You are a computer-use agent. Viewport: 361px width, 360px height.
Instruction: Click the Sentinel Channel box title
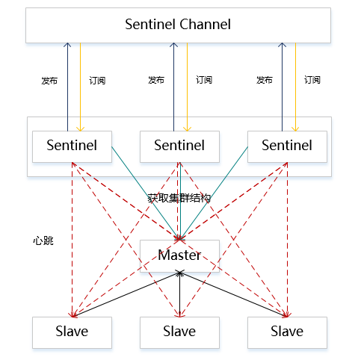pos(178,25)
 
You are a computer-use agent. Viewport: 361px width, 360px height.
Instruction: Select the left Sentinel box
pos(72,146)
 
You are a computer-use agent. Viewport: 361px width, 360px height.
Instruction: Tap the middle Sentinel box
pos(179,146)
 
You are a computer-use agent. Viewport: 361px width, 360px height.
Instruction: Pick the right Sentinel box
pos(287,146)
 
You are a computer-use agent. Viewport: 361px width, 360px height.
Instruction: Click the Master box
pos(179,256)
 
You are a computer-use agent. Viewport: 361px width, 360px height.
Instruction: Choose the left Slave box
pos(72,332)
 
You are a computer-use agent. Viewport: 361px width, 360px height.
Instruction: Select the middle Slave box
pos(179,332)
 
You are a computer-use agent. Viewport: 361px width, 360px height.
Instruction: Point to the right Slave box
pos(287,332)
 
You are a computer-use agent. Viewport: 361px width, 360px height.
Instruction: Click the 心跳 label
pos(43,240)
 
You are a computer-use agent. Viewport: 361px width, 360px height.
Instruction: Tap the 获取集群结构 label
pos(179,198)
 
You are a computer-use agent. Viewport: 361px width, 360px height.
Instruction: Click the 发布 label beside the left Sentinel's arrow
pos(49,81)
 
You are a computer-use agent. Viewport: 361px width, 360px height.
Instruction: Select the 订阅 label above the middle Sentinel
pos(204,80)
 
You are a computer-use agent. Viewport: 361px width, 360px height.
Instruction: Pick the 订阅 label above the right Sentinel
pos(312,80)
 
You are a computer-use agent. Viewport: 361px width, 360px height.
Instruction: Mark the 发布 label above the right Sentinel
pos(265,80)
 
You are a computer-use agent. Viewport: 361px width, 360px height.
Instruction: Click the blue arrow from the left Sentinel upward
pos(67,87)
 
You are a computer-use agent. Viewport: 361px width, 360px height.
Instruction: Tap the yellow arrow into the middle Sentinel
pos(187,87)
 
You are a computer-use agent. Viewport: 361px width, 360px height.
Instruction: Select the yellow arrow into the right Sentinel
pos(295,87)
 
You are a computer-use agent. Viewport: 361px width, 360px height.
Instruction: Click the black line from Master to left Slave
pos(126,295)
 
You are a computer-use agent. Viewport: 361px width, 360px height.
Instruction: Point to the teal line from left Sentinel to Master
pos(146,193)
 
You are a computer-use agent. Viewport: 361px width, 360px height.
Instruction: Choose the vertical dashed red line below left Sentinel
pos(72,240)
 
